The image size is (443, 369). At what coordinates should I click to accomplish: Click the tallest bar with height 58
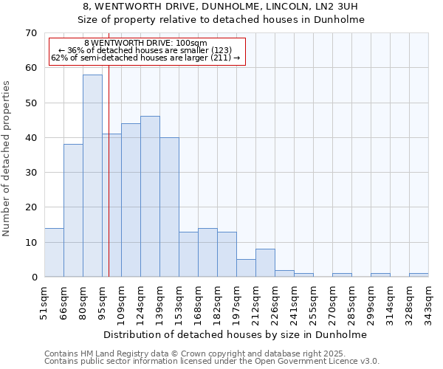click(x=92, y=176)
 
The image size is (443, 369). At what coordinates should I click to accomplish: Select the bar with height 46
click(x=150, y=196)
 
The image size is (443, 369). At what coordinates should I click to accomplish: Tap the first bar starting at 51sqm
click(x=54, y=252)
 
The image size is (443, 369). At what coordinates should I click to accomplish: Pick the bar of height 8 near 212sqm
click(x=265, y=263)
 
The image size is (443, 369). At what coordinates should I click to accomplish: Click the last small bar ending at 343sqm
click(x=419, y=275)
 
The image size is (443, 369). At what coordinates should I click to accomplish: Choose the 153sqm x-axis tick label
click(x=179, y=303)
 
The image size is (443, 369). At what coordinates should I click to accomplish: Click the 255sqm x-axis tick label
click(x=313, y=303)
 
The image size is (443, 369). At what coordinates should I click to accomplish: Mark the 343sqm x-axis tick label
click(x=428, y=303)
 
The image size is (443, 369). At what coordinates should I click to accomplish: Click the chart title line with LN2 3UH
click(x=221, y=7)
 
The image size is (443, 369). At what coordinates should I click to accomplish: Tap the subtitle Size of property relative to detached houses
click(x=221, y=20)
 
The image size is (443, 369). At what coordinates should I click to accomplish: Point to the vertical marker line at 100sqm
click(x=109, y=184)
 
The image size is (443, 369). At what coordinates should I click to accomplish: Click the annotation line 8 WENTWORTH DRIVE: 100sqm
click(x=145, y=44)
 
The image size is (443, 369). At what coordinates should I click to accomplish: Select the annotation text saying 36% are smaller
click(x=145, y=50)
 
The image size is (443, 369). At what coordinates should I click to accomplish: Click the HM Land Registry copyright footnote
click(x=195, y=354)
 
